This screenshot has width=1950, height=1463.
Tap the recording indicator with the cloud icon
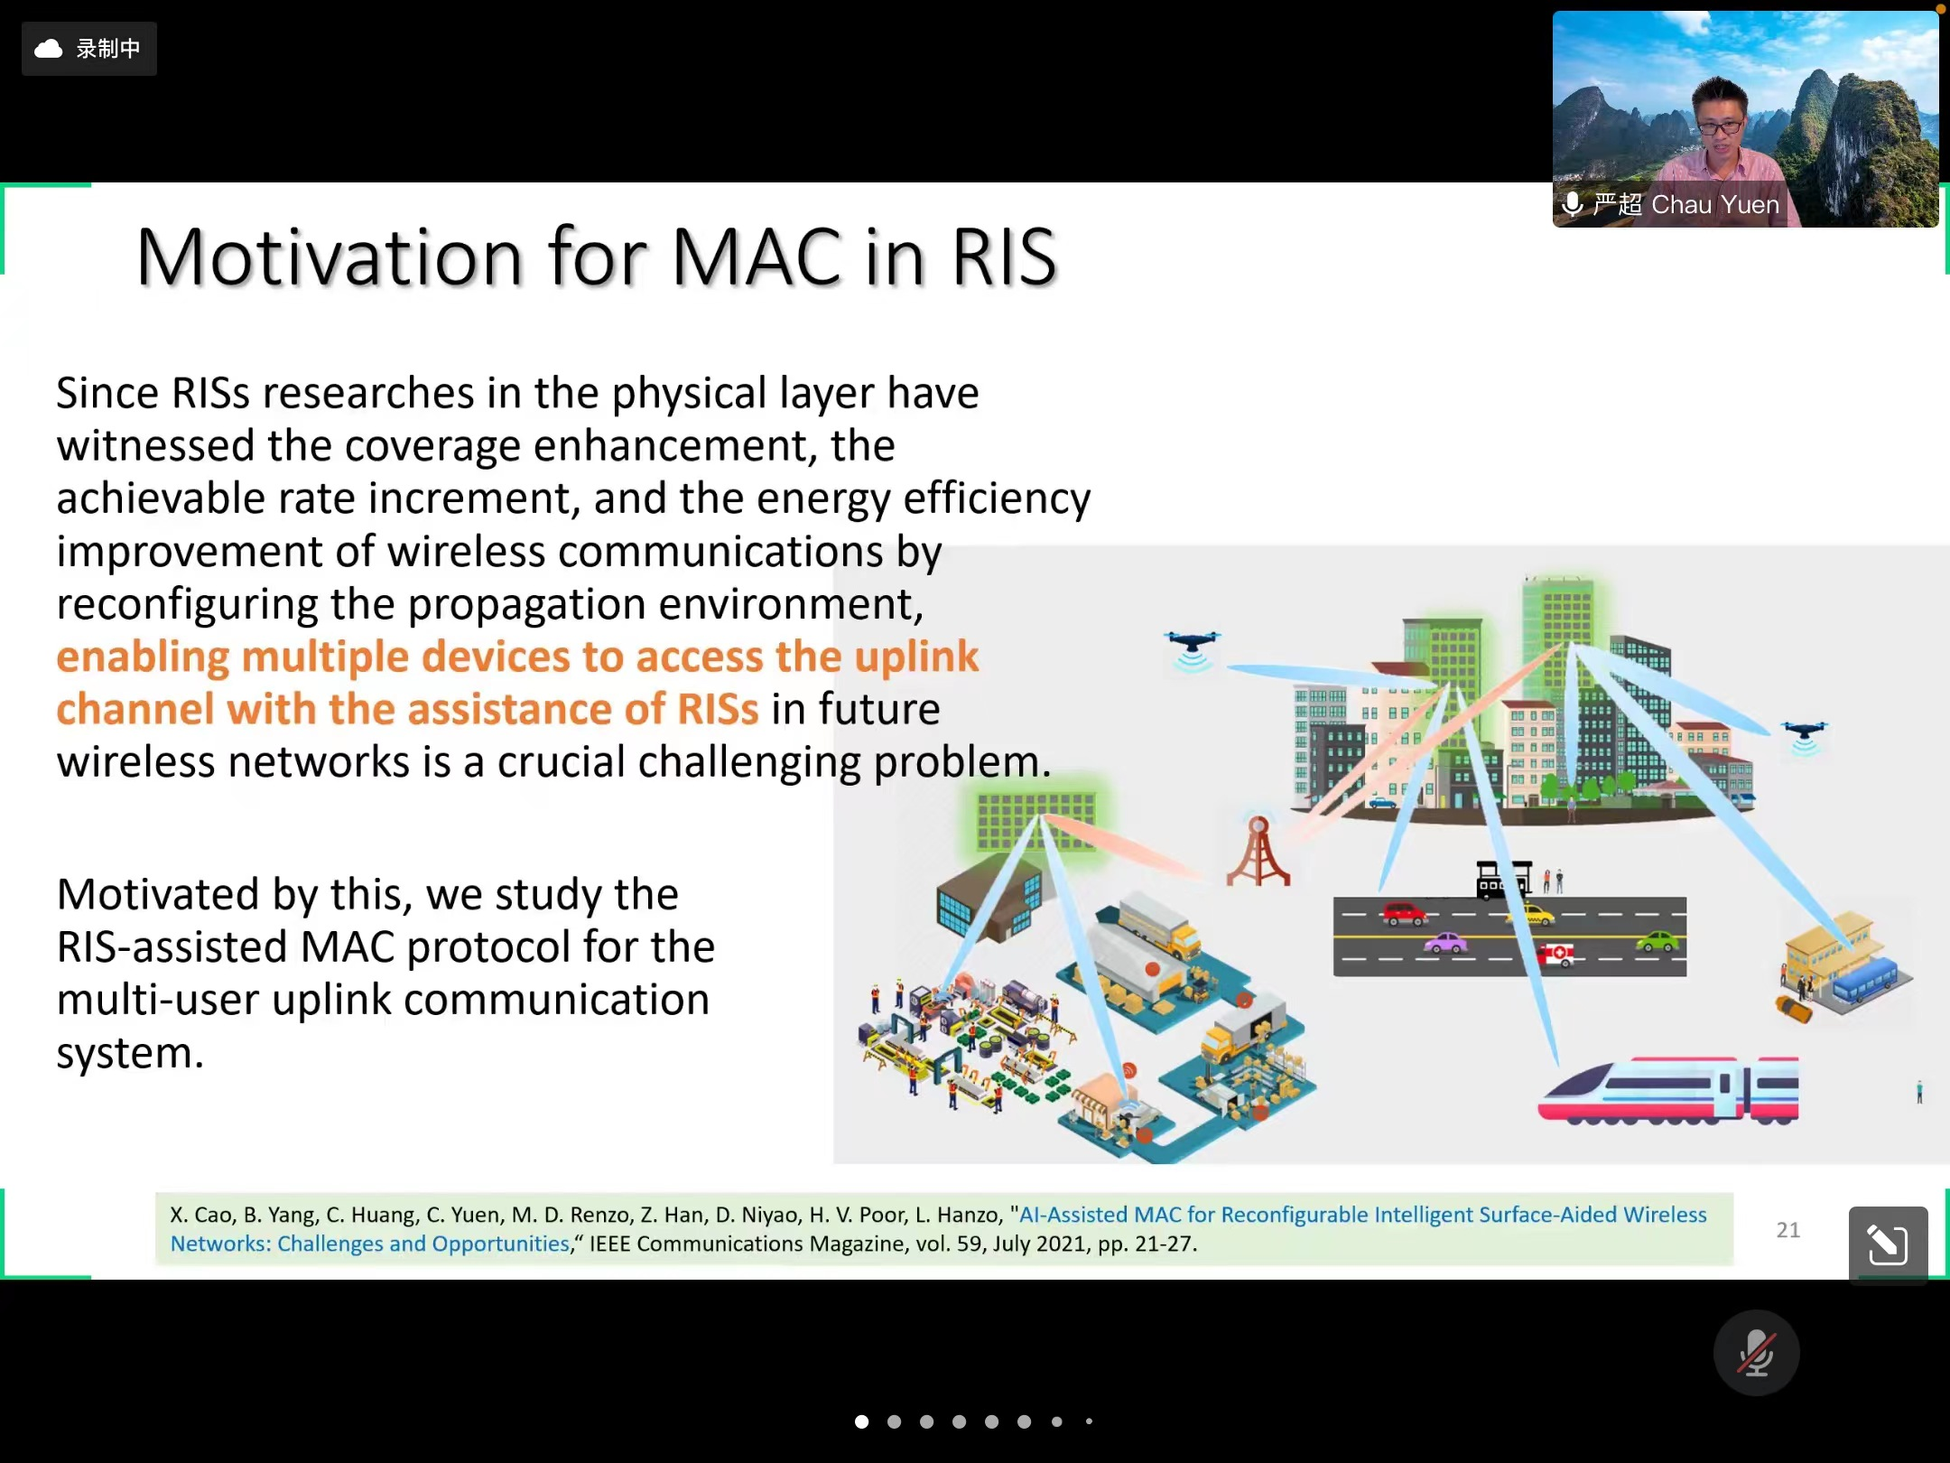pos(88,49)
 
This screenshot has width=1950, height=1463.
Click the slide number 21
pos(1787,1230)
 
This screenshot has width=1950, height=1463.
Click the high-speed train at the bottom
pos(1668,1090)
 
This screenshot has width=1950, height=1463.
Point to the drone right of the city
pos(1804,737)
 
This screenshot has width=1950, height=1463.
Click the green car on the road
pos(1657,943)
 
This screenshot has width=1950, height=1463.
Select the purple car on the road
pos(1445,943)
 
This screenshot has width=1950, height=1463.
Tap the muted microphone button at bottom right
pos(1756,1353)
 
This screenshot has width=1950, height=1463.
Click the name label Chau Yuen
pos(1714,205)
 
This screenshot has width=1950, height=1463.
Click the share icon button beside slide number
pos(1888,1244)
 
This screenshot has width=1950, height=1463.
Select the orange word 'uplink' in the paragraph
pos(916,657)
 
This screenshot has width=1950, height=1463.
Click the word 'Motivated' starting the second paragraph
pos(158,894)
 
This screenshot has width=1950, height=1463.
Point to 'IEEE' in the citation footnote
pos(609,1244)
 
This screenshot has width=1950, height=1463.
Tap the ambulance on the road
pos(1556,954)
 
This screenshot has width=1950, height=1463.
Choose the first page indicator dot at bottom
pos(862,1421)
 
